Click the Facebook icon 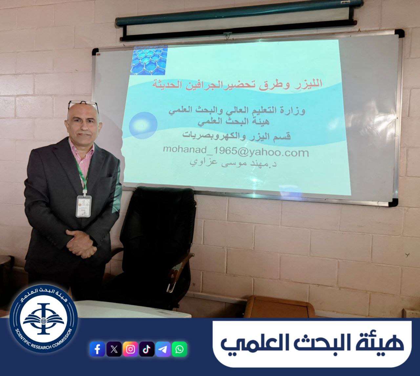pos(97,349)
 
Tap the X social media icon pos(114,349)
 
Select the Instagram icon pos(130,349)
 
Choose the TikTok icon pos(147,349)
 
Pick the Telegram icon pos(163,349)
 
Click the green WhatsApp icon pos(179,349)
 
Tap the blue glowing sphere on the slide pos(143,125)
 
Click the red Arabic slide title pos(237,84)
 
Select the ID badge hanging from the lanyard pos(84,206)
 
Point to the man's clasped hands pos(81,244)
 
